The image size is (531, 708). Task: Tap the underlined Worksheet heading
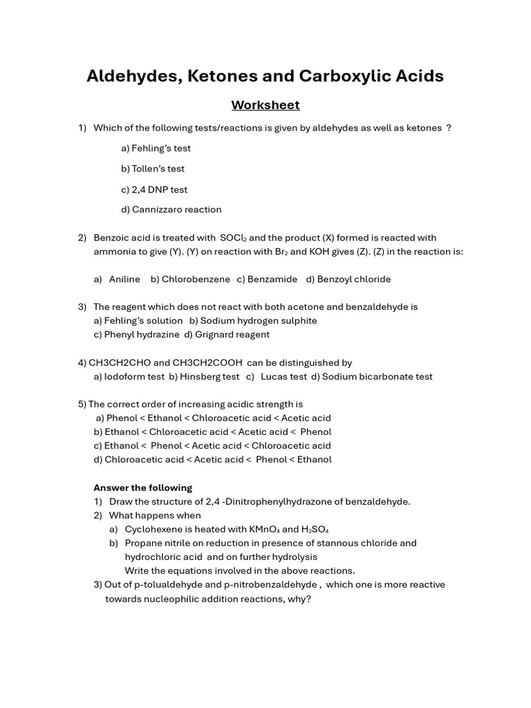(x=265, y=105)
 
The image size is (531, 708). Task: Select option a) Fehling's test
(x=156, y=148)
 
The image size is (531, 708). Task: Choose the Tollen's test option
(x=153, y=169)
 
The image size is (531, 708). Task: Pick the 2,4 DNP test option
(x=154, y=189)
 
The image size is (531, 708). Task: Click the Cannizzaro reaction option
(x=171, y=209)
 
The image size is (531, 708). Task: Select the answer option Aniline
(x=124, y=279)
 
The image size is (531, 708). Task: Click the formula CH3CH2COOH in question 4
(x=207, y=363)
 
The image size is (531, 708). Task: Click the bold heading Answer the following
(x=143, y=487)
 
